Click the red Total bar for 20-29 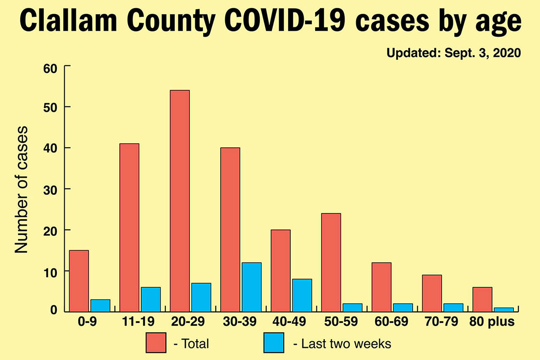180,201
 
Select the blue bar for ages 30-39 252,287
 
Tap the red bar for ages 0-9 79,281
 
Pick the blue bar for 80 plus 504,309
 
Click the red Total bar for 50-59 331,262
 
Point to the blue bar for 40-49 302,295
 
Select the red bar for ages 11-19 129,227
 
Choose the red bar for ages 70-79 432,293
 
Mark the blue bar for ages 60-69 403,307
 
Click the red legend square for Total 156,343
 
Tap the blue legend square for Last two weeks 274,343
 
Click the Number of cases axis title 22,190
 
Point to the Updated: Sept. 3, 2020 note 453,54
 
